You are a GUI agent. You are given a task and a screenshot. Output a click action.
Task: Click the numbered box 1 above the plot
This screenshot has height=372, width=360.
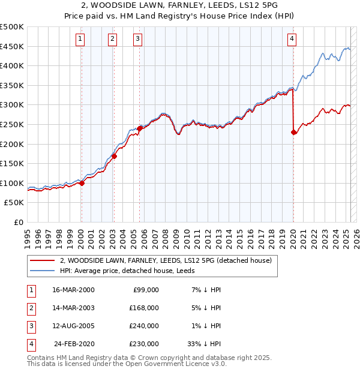pos(80,40)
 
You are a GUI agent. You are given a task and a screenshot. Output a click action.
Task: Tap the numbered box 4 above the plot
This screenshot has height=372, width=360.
pos(292,40)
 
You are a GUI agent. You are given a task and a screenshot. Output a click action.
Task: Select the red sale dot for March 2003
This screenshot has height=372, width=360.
pos(114,156)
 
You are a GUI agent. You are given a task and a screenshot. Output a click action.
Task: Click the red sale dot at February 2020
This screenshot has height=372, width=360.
pos(293,132)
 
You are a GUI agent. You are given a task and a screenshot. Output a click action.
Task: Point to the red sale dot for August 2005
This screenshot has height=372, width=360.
pos(139,128)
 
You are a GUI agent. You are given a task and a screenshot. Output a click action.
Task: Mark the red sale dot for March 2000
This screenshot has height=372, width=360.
pos(82,184)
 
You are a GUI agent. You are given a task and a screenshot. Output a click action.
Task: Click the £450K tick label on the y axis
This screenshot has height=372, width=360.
pos(12,46)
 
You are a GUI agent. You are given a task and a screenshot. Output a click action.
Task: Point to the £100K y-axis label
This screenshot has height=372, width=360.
pos(12,184)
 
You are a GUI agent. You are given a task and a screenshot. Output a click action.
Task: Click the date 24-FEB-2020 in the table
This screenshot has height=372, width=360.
pos(74,344)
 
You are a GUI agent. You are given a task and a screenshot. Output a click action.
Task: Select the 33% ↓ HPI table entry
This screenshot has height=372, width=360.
pos(205,344)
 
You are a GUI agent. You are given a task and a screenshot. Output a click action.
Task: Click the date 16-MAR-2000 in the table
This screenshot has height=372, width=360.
pos(73,290)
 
